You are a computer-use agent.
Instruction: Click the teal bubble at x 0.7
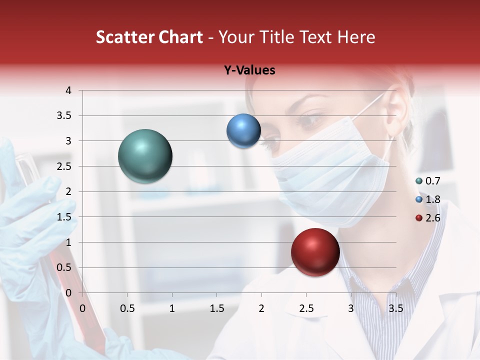click(145, 156)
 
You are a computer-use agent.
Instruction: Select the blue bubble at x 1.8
click(243, 131)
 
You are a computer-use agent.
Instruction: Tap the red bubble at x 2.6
click(315, 252)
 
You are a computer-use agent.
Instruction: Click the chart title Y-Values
click(249, 70)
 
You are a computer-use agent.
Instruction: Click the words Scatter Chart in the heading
click(149, 37)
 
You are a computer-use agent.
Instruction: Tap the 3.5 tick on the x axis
click(395, 308)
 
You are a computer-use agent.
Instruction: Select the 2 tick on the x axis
click(261, 308)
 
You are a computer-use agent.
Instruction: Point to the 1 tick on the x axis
click(172, 308)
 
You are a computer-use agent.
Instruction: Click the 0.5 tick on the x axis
click(127, 308)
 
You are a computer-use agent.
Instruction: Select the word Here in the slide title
click(356, 37)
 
